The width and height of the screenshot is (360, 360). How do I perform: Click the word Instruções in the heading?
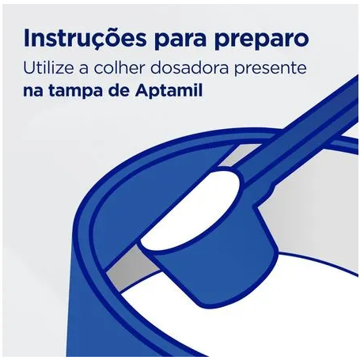(85, 39)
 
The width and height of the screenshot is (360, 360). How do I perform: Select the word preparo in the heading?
(263, 41)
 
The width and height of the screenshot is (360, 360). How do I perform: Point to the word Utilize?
(48, 67)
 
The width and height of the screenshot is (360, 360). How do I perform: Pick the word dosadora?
(190, 67)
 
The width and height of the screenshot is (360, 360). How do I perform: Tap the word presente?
(271, 69)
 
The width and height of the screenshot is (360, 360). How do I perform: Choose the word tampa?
(74, 91)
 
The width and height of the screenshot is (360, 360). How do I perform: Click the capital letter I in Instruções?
(26, 39)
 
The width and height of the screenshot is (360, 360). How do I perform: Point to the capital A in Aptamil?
(142, 91)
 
